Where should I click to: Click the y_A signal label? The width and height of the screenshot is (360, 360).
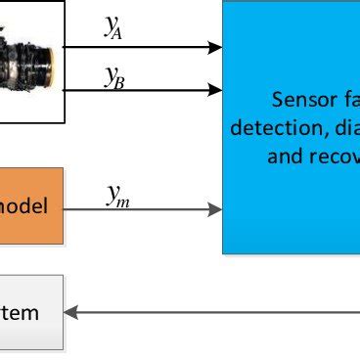click(114, 28)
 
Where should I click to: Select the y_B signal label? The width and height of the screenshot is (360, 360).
click(114, 76)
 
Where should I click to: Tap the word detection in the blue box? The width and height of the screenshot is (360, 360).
click(268, 127)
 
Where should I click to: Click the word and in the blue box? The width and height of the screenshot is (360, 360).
click(282, 155)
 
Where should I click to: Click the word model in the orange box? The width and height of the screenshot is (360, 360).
click(38, 206)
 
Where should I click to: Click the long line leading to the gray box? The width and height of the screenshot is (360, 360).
click(215, 313)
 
